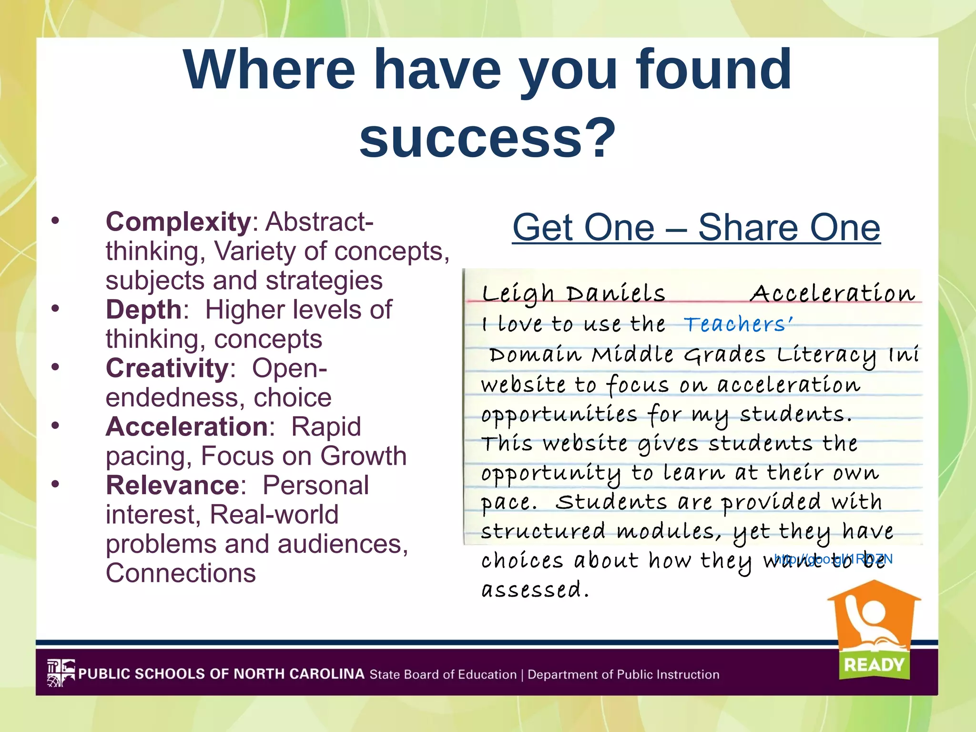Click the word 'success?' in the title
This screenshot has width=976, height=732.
(488, 138)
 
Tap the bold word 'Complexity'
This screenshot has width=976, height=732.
(178, 222)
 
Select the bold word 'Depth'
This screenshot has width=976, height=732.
(143, 310)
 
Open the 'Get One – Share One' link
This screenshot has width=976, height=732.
(696, 228)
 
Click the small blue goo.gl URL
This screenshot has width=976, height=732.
(834, 559)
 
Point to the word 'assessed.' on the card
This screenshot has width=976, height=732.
(535, 590)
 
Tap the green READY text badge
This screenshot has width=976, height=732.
(874, 664)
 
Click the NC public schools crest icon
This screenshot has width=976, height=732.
(61, 673)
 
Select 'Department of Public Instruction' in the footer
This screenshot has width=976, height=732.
(623, 675)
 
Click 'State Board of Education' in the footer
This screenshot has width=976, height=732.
(443, 675)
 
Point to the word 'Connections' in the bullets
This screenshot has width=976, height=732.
(181, 573)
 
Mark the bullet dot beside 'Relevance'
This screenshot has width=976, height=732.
(56, 484)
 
